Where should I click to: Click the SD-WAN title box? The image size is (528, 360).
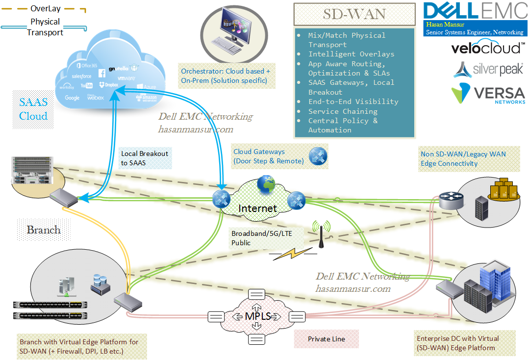354,14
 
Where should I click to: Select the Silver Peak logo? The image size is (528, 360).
488,70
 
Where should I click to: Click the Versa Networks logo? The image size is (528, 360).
488,94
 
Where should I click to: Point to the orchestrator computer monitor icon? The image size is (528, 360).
234,29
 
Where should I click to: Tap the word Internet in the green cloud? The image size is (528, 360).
257,208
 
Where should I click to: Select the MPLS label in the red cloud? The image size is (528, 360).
258,316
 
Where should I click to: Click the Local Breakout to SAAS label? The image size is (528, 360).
144,158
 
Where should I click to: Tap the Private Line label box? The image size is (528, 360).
327,339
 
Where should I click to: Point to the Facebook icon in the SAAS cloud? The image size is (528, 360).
102,74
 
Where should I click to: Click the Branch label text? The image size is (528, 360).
44,230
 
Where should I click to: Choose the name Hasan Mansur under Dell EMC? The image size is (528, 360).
445,24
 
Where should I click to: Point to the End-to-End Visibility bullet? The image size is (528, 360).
353,102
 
